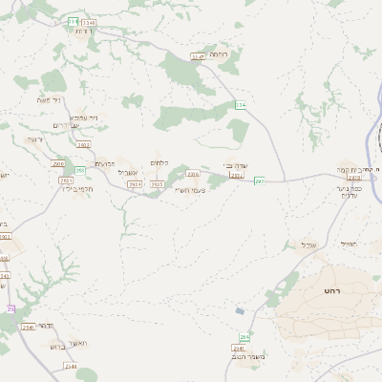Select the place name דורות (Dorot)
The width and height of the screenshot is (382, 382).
[x=82, y=32]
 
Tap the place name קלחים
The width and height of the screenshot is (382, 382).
[x=160, y=162]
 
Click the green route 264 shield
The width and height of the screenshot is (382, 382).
[x=244, y=338]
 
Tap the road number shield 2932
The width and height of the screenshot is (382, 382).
[x=83, y=145]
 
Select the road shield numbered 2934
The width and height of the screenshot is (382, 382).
[x=134, y=183]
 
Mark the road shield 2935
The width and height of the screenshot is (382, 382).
[x=158, y=183]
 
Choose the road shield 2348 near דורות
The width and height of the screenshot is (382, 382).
[x=88, y=21]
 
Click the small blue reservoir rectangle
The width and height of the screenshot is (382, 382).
[x=241, y=310]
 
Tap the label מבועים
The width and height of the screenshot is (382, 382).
[x=105, y=163]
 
